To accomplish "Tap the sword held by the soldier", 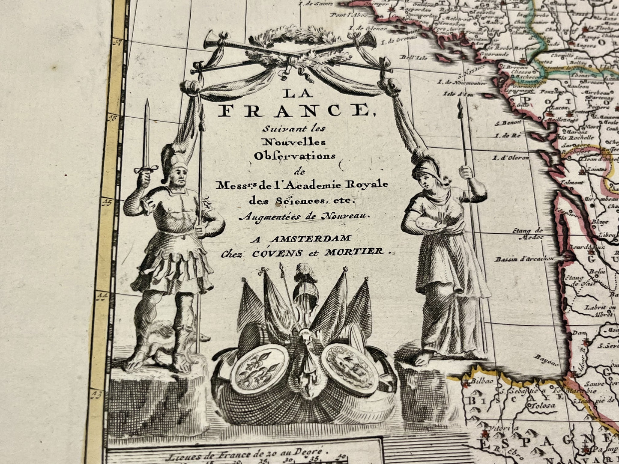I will (x=146, y=137).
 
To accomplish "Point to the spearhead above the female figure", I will (x=460, y=107).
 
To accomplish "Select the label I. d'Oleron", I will (x=511, y=158).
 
